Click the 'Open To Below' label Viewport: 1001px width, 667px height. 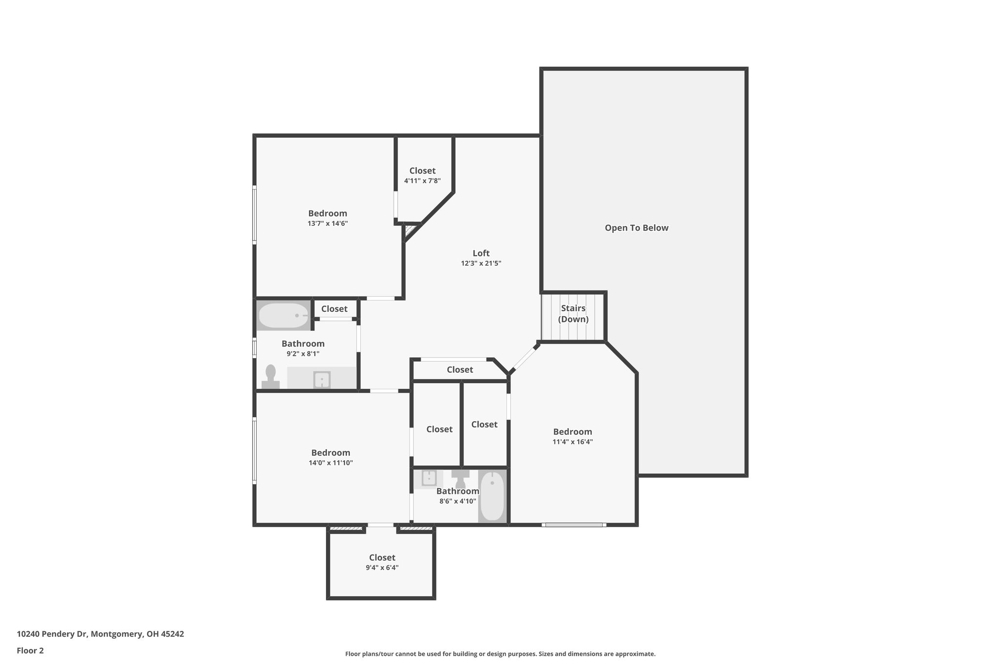tap(636, 228)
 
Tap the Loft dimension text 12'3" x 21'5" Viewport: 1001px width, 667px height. tap(481, 263)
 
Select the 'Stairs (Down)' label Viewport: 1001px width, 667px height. tap(573, 314)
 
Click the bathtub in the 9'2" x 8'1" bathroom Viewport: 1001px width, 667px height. tap(283, 316)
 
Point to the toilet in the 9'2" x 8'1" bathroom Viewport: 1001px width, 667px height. tap(270, 377)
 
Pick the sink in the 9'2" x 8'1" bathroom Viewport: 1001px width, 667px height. tap(322, 380)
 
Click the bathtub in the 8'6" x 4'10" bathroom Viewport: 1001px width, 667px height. tap(493, 496)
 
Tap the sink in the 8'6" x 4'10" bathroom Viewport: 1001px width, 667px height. tap(429, 477)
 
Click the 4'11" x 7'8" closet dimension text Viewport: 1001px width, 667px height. tap(422, 181)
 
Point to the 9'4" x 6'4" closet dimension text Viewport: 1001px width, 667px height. tap(382, 568)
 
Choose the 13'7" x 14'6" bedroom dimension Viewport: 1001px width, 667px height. tap(327, 223)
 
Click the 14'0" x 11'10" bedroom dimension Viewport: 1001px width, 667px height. tap(331, 463)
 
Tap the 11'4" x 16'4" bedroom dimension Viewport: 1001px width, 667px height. tap(573, 442)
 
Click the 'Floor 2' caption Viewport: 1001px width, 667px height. tap(30, 650)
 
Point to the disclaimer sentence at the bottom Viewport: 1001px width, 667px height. tap(500, 654)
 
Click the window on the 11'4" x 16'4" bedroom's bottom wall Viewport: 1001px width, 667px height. tap(574, 525)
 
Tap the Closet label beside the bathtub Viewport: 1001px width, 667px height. tap(334, 309)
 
